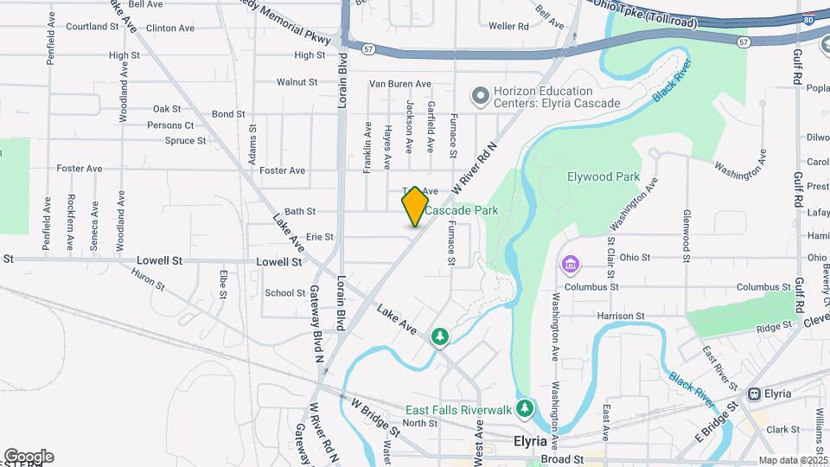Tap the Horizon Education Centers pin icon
pyautogui.click(x=479, y=97)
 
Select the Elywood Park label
pyautogui.click(x=603, y=177)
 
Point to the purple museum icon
pyautogui.click(x=570, y=264)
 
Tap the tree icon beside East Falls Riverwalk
pyautogui.click(x=524, y=406)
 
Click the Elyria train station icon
pyautogui.click(x=754, y=393)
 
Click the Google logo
pyautogui.click(x=29, y=457)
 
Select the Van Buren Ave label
pyautogui.click(x=399, y=84)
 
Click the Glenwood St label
pyautogui.click(x=686, y=234)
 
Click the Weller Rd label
pyautogui.click(x=508, y=27)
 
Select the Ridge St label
pyautogui.click(x=774, y=327)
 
